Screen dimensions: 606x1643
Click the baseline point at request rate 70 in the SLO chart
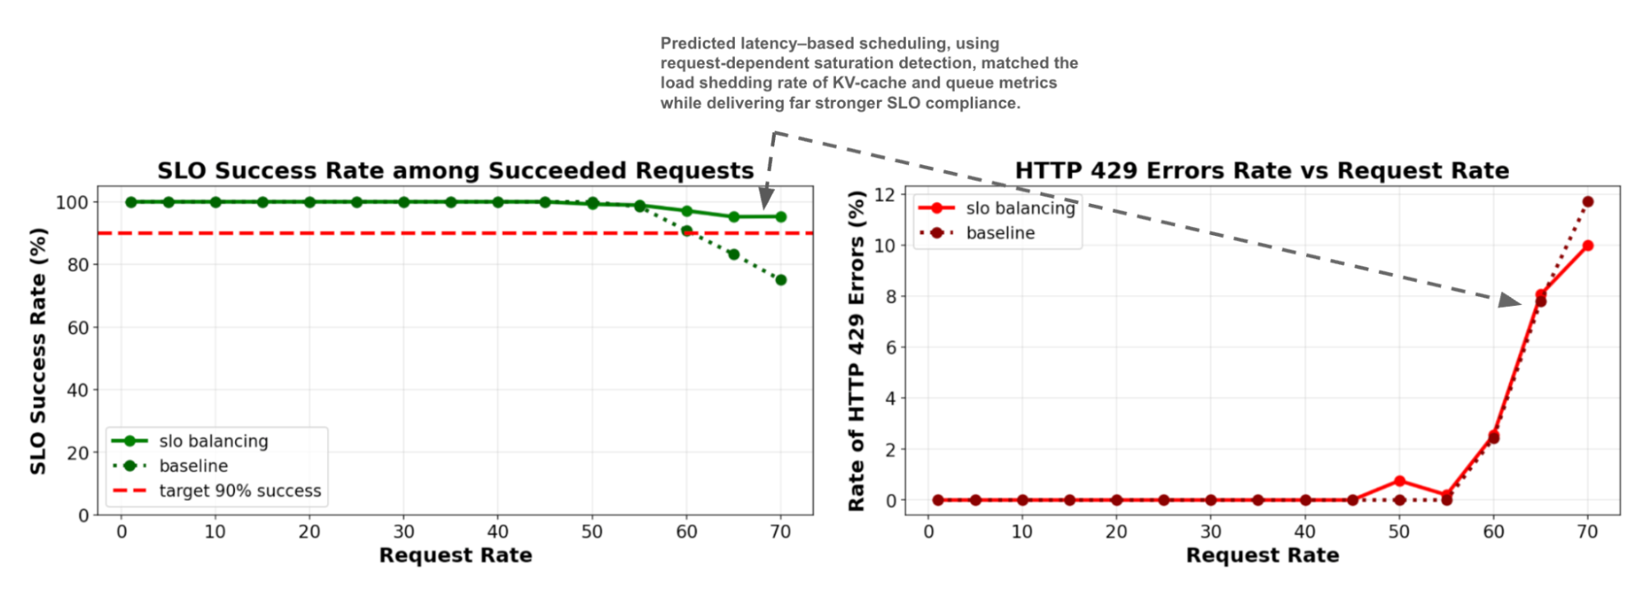[781, 280]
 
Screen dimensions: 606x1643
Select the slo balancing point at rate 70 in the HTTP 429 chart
[1588, 246]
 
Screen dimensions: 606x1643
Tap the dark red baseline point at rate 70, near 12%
[1588, 201]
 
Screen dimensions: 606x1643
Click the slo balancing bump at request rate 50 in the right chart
[1400, 481]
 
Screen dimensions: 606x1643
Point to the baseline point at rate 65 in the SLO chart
[734, 254]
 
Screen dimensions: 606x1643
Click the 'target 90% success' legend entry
[240, 491]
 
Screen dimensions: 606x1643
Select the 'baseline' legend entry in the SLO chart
[193, 466]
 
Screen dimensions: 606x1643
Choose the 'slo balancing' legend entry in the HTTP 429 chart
[1020, 209]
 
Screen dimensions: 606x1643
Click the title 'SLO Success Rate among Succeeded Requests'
[455, 170]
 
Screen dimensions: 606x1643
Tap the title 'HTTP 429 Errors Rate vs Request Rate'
[1262, 170]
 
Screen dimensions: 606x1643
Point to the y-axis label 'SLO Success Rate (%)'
[38, 351]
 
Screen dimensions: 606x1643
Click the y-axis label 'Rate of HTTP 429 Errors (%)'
[856, 351]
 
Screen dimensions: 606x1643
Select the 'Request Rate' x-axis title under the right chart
[1262, 556]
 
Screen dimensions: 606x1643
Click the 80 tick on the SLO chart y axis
[77, 265]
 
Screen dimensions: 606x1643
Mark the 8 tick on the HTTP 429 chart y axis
[891, 296]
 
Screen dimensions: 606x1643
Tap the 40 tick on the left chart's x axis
[497, 532]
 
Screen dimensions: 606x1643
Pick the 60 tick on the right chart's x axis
[1493, 532]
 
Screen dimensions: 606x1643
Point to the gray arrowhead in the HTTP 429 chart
[1509, 301]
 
